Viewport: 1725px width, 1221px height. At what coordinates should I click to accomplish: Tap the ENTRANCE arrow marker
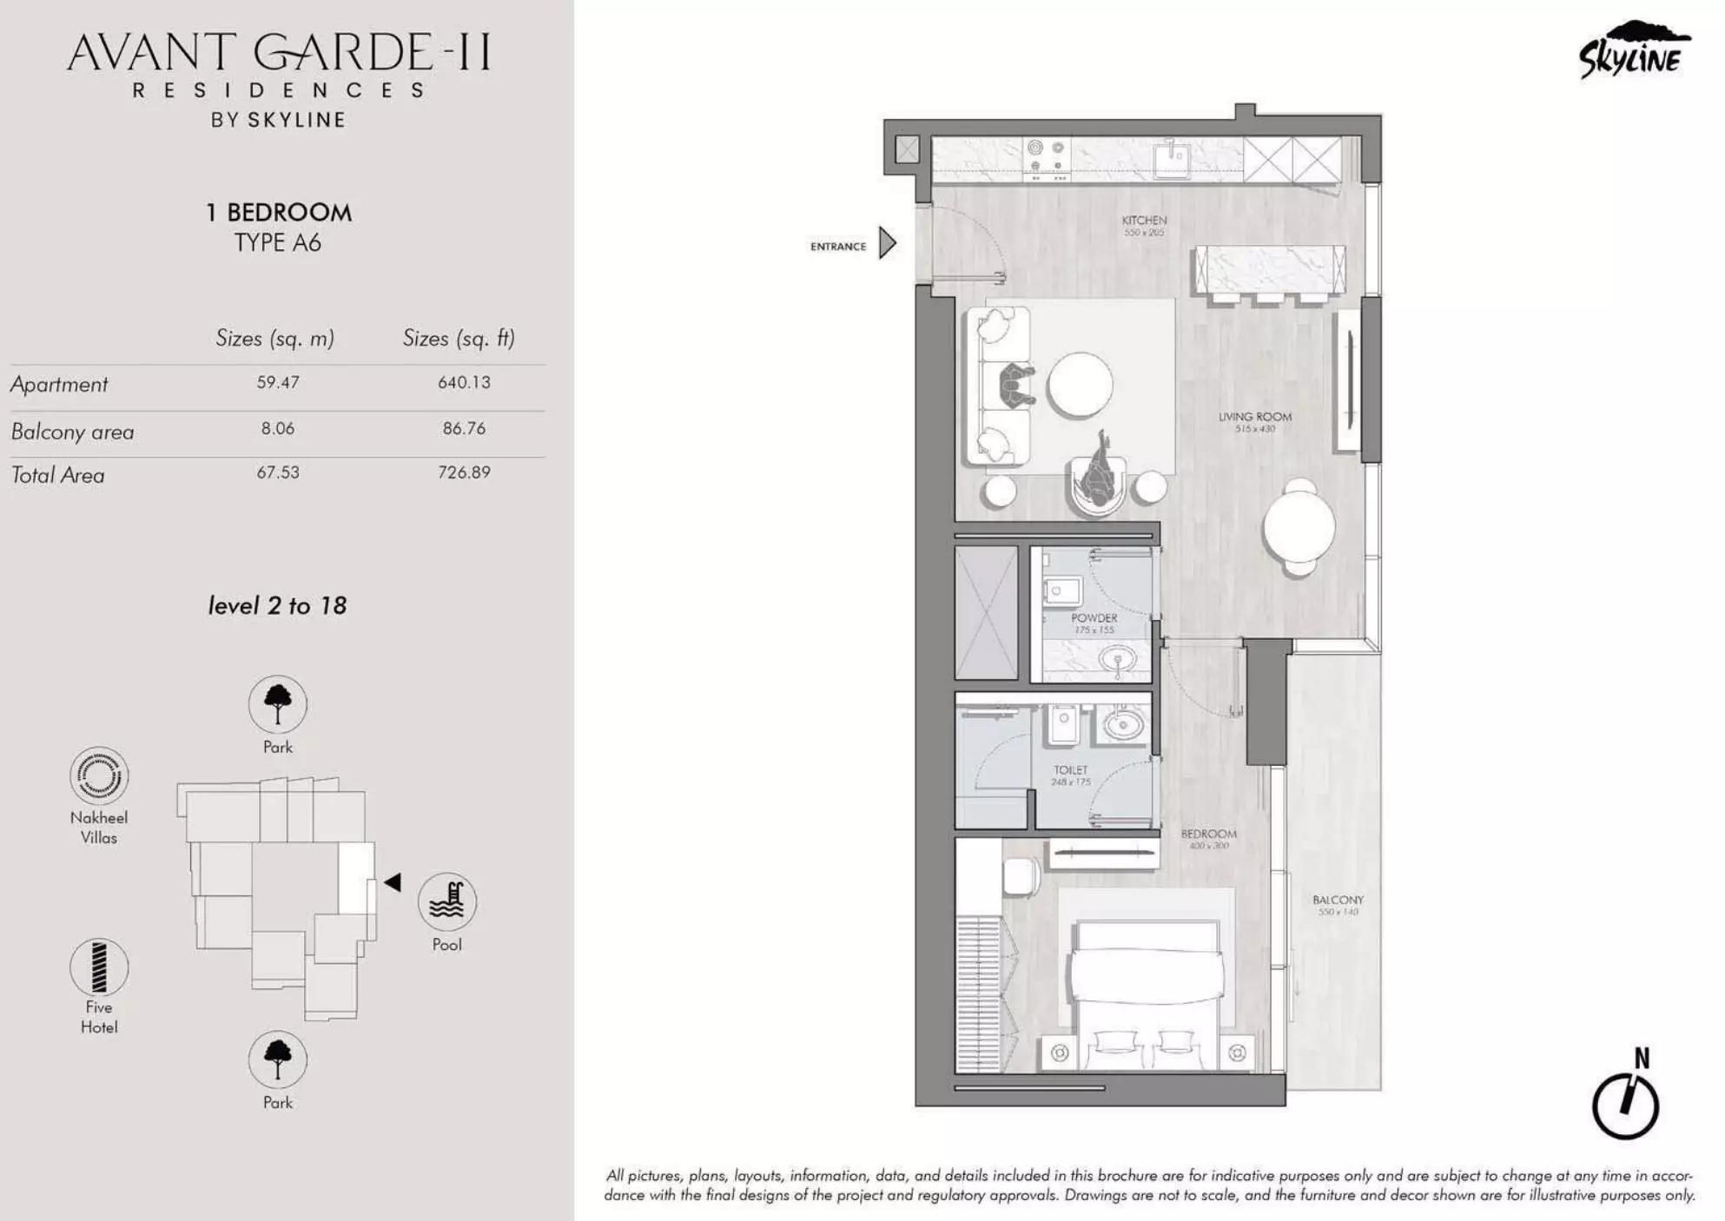pyautogui.click(x=887, y=243)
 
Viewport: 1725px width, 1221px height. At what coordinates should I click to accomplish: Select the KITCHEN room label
pyautogui.click(x=1144, y=221)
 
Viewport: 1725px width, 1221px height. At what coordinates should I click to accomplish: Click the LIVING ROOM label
pyautogui.click(x=1254, y=417)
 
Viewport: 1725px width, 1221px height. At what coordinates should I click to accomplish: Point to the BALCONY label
pyautogui.click(x=1338, y=901)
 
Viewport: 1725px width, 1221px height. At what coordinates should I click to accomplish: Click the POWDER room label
pyautogui.click(x=1094, y=618)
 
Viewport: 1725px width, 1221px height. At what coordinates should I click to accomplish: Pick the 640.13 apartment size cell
pyautogui.click(x=464, y=382)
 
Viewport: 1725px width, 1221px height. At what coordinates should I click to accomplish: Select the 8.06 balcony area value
pyautogui.click(x=278, y=428)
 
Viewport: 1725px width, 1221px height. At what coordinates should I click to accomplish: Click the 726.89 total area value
pyautogui.click(x=464, y=472)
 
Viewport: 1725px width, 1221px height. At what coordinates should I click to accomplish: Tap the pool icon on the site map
pyautogui.click(x=447, y=901)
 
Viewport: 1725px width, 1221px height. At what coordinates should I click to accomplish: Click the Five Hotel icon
pyautogui.click(x=99, y=967)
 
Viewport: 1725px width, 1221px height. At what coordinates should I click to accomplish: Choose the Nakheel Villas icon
pyautogui.click(x=99, y=775)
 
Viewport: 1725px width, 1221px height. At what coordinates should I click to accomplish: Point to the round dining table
pyautogui.click(x=1299, y=527)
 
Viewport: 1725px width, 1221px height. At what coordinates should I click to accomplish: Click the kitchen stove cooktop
pyautogui.click(x=1046, y=158)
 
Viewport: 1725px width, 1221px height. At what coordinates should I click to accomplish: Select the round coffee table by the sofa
pyautogui.click(x=1080, y=386)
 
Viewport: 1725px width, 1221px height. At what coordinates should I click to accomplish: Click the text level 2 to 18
pyautogui.click(x=277, y=605)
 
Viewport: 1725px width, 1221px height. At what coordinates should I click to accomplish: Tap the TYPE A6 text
pyautogui.click(x=278, y=242)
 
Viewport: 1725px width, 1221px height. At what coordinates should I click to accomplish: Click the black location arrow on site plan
pyautogui.click(x=393, y=882)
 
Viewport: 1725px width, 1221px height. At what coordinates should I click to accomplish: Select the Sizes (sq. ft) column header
pyautogui.click(x=459, y=338)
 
